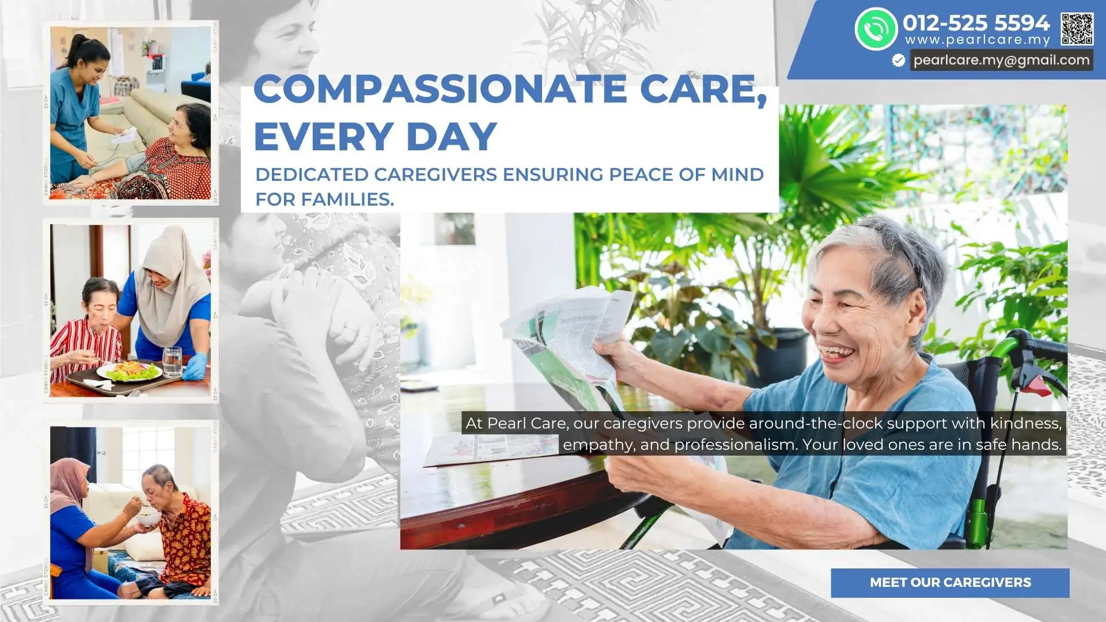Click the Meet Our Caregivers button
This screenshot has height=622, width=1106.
tap(950, 582)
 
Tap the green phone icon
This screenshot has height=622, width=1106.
tap(876, 29)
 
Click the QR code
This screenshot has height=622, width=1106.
tap(1077, 29)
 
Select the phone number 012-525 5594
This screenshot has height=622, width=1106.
tap(976, 23)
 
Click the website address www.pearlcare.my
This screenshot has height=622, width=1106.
tap(978, 40)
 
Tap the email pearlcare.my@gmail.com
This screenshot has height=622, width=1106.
tap(1001, 60)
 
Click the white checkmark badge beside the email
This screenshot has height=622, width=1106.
tap(898, 60)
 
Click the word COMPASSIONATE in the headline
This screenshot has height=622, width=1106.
tap(440, 89)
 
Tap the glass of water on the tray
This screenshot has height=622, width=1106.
tap(172, 362)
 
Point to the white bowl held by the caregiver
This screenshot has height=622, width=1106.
tap(149, 519)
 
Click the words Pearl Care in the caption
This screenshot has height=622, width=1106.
tap(527, 423)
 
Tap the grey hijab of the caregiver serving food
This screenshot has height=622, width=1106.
tap(173, 282)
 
